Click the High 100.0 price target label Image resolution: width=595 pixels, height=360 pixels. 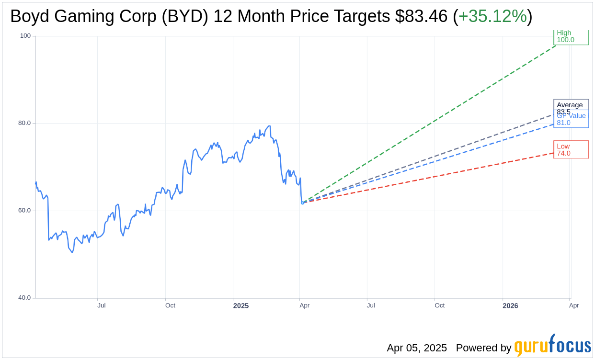click(571, 37)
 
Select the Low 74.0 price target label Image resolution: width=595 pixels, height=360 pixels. click(571, 150)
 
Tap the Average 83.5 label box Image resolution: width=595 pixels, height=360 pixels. click(570, 105)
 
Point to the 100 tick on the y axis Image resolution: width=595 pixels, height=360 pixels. click(25, 36)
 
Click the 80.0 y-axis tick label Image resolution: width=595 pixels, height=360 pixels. click(24, 123)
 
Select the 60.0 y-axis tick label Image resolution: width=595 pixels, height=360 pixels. click(24, 211)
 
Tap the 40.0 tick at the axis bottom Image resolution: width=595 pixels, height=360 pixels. click(24, 298)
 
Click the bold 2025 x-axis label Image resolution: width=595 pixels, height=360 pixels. click(241, 305)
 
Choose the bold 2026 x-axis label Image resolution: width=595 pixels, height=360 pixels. click(510, 305)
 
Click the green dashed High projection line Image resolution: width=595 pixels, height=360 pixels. click(431, 122)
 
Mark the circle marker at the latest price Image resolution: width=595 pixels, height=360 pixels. click(302, 202)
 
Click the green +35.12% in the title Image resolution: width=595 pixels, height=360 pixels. click(492, 17)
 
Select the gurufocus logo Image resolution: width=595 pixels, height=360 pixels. click(552, 346)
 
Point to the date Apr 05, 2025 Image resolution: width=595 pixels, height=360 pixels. click(417, 348)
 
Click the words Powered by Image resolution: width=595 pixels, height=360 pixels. click(483, 348)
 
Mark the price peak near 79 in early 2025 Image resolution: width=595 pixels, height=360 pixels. click(270, 126)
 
